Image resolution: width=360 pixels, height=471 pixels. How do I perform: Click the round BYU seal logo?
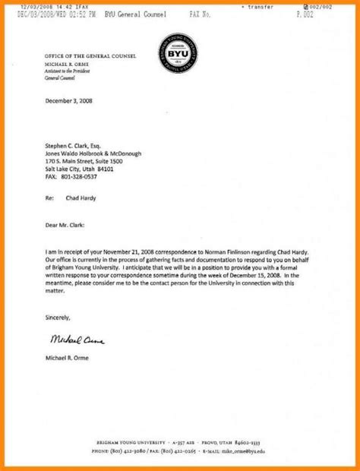(x=181, y=55)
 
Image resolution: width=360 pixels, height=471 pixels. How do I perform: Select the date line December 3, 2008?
(x=70, y=100)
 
